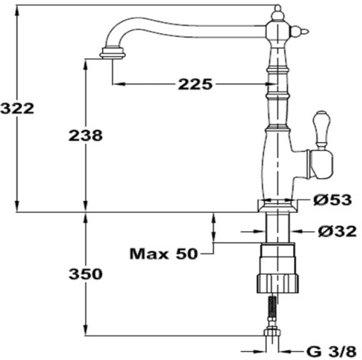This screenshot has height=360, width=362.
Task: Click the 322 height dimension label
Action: [17, 109]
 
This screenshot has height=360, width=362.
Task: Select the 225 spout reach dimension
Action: [195, 84]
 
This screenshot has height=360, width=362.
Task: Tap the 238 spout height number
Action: [86, 135]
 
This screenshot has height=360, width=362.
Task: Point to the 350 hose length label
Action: [86, 274]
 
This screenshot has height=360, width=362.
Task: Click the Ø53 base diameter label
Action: [333, 199]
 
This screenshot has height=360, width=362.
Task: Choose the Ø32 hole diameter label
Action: [337, 232]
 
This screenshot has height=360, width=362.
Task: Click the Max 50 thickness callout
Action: [164, 254]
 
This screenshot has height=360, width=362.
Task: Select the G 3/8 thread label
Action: [331, 352]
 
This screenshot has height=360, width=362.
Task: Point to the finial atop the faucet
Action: [278, 13]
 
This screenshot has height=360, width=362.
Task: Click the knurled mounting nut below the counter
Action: [278, 284]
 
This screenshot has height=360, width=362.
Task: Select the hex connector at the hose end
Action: [273, 332]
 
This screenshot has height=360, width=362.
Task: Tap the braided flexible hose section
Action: [273, 306]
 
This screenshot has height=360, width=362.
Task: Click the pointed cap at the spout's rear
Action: [300, 32]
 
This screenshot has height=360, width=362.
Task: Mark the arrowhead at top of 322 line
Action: [17, 10]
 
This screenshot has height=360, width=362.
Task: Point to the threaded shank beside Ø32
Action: [278, 228]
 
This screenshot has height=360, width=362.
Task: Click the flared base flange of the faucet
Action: [278, 206]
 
